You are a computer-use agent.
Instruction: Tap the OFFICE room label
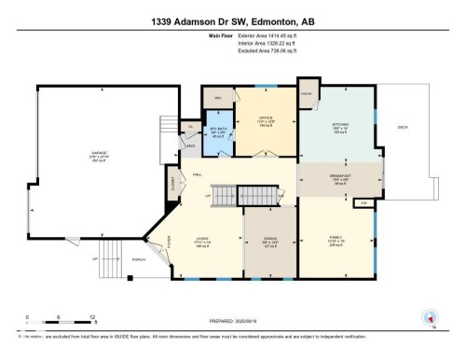click(264, 118)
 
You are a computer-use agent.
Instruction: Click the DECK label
click(403, 126)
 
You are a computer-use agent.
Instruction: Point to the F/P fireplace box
click(366, 201)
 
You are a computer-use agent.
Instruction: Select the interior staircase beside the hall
click(225, 197)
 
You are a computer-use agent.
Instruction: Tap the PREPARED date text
click(232, 323)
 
